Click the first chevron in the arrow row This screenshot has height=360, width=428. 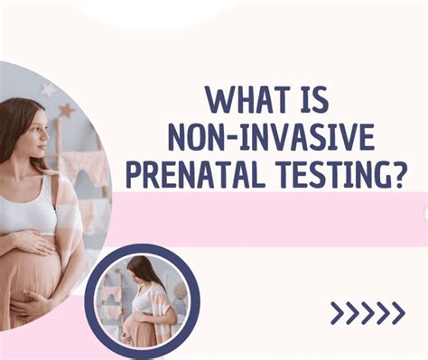[338, 313]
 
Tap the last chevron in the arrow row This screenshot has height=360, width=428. [397, 313]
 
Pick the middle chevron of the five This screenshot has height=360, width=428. [368, 313]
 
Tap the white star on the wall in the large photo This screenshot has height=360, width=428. [47, 90]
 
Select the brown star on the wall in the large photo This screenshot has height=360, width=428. [65, 111]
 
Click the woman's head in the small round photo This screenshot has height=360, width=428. [140, 269]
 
